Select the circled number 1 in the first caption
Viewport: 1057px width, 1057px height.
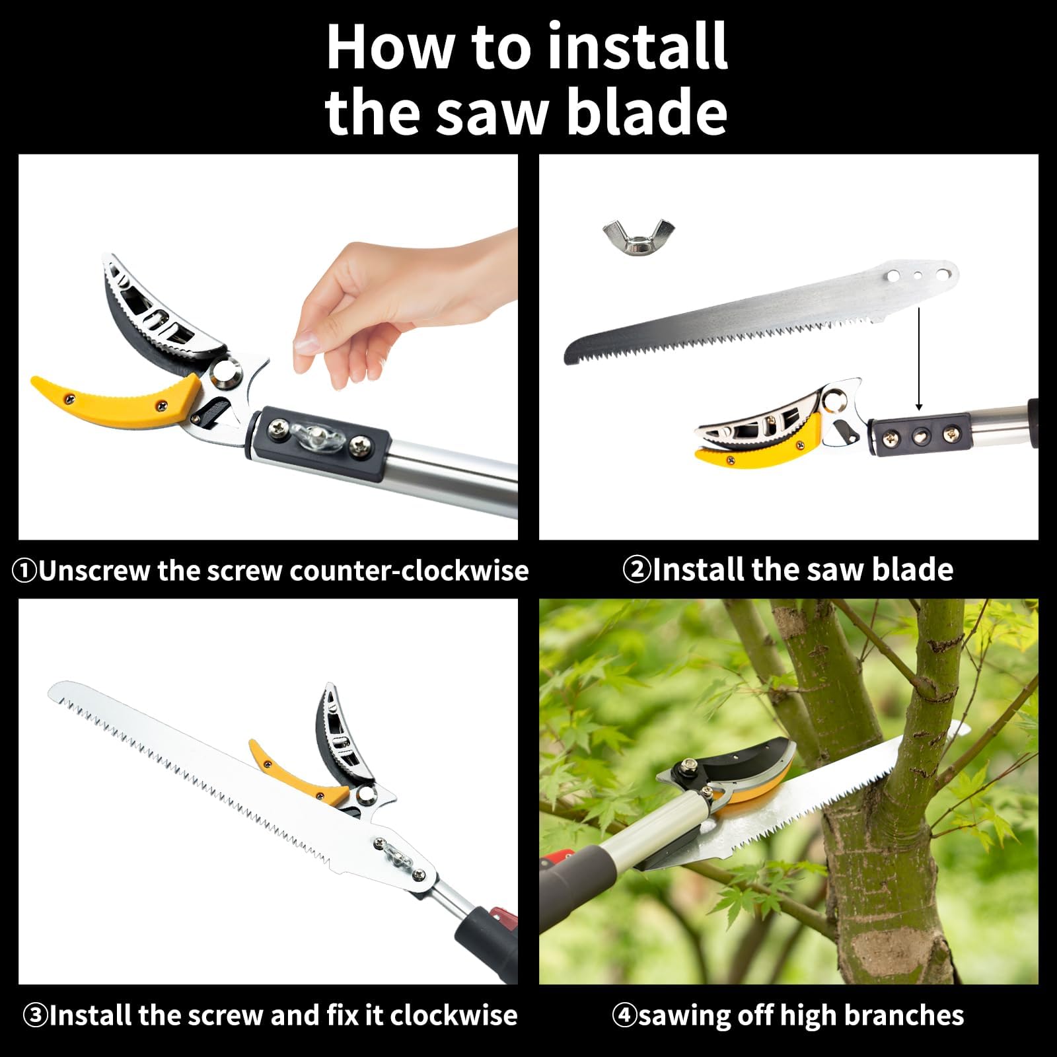pyautogui.click(x=24, y=571)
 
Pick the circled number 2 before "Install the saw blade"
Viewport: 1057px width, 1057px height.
pyautogui.click(x=637, y=569)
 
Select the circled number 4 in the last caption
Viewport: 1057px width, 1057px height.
pyautogui.click(x=624, y=1015)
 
